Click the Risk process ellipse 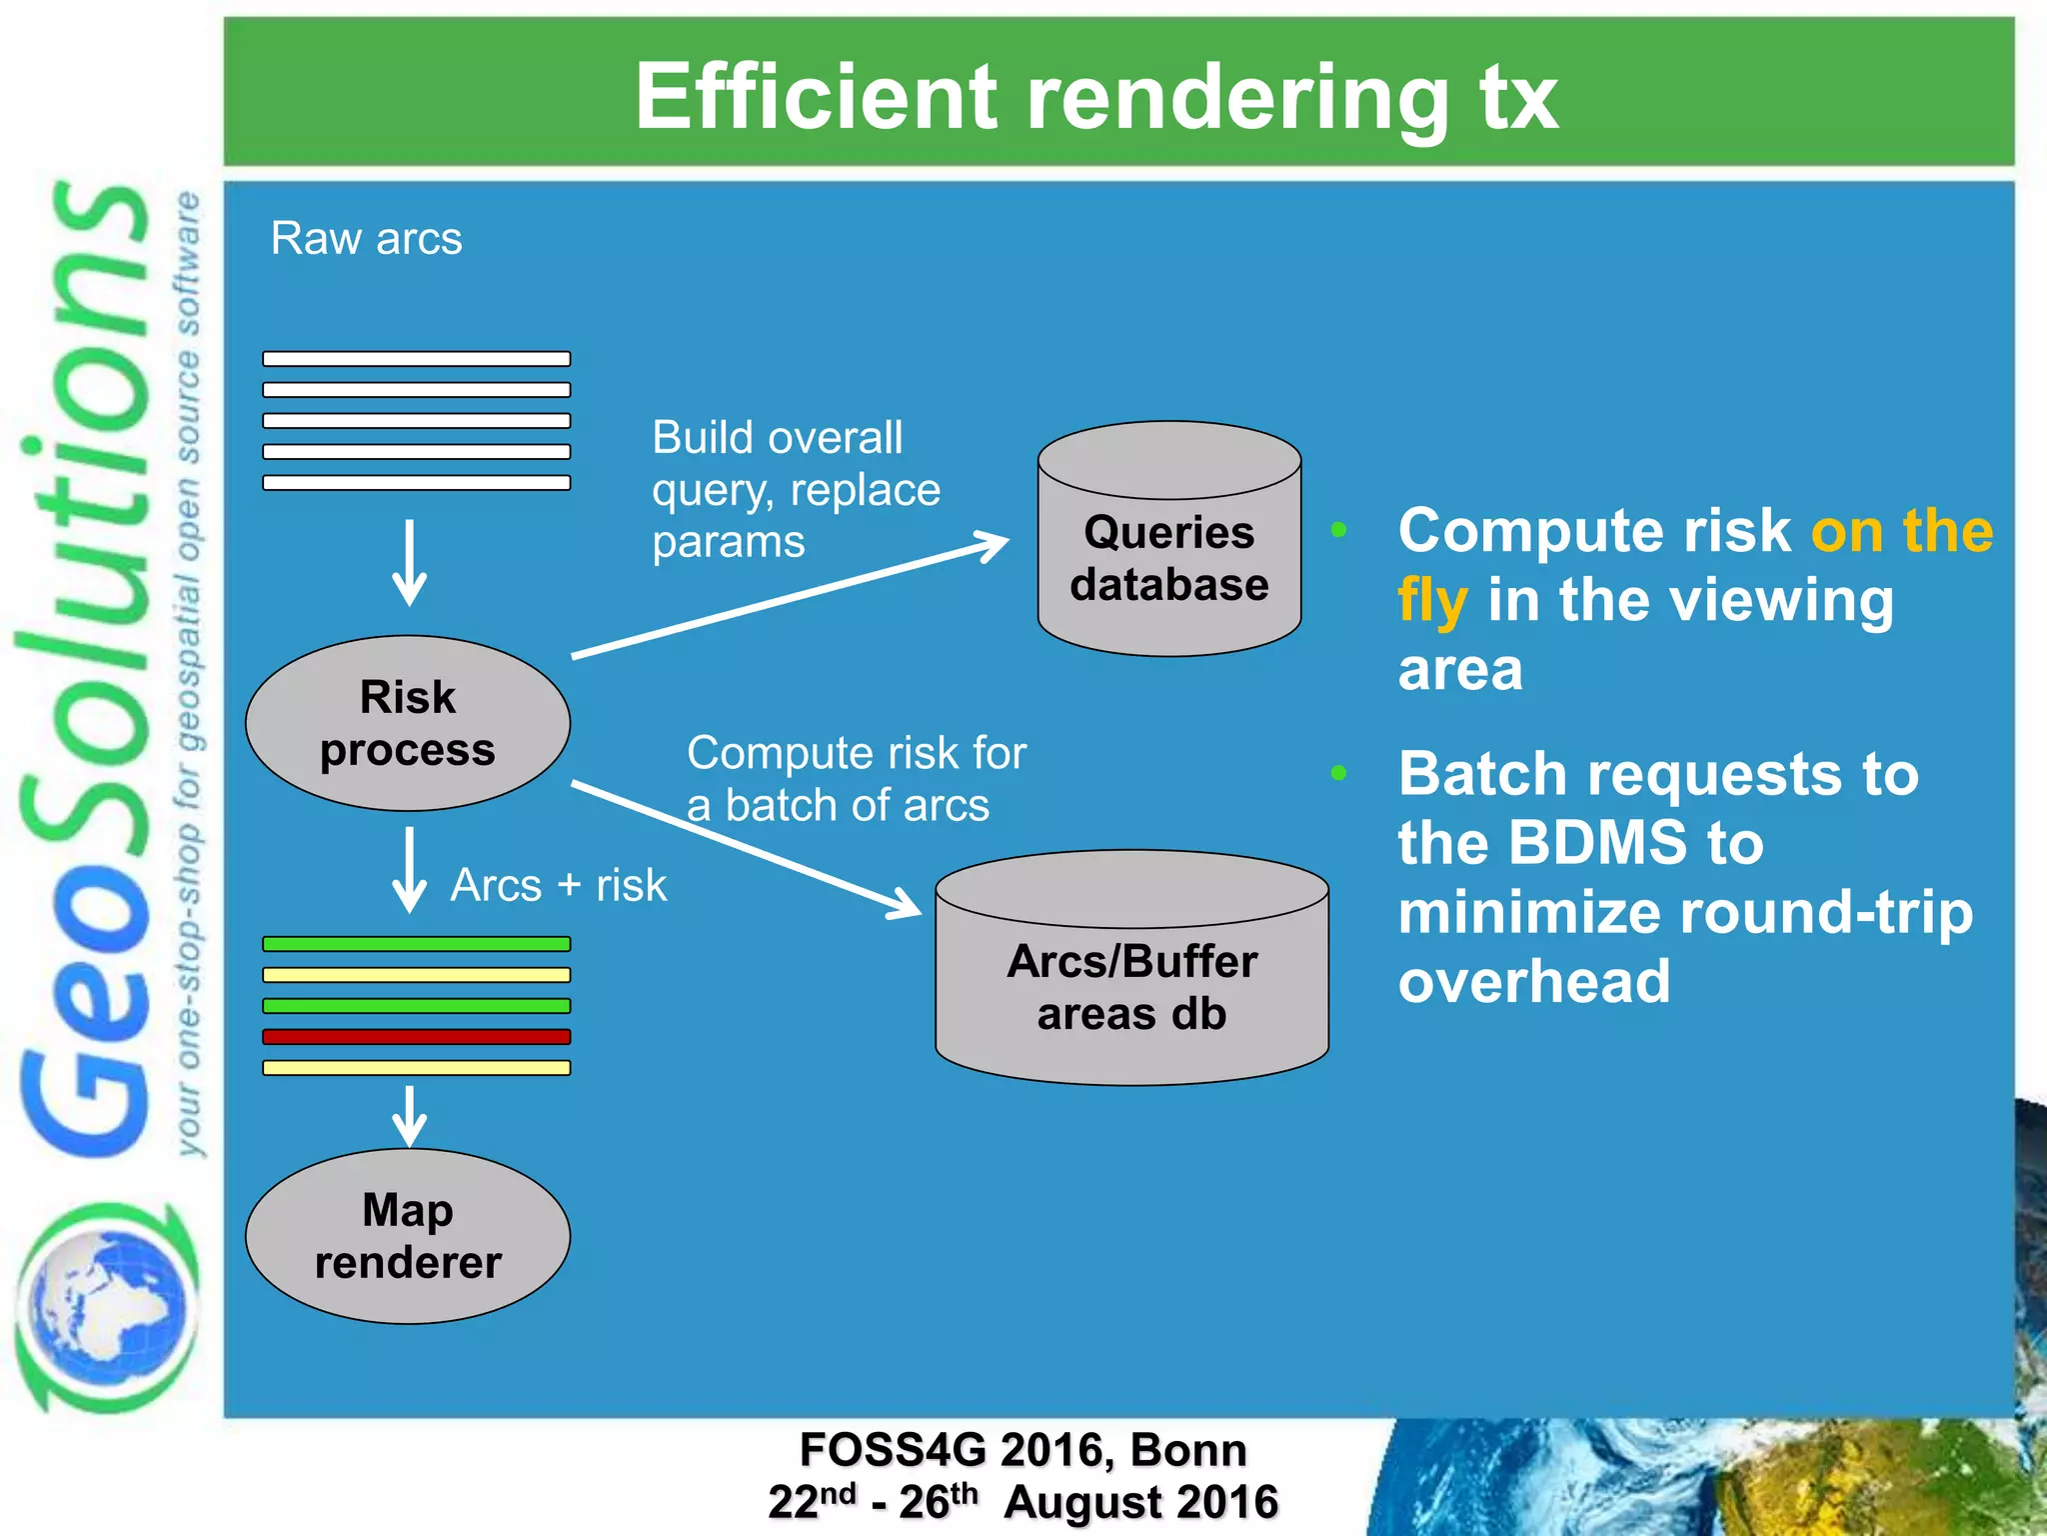point(408,723)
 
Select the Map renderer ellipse point(408,1237)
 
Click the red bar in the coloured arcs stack point(416,1037)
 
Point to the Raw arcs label point(366,239)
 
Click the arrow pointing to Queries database point(790,597)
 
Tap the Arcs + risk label point(558,885)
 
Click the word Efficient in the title point(816,97)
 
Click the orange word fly point(1432,600)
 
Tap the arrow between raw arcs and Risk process point(410,562)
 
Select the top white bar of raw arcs point(416,359)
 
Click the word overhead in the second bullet point(1533,982)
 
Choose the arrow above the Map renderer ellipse point(410,1116)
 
